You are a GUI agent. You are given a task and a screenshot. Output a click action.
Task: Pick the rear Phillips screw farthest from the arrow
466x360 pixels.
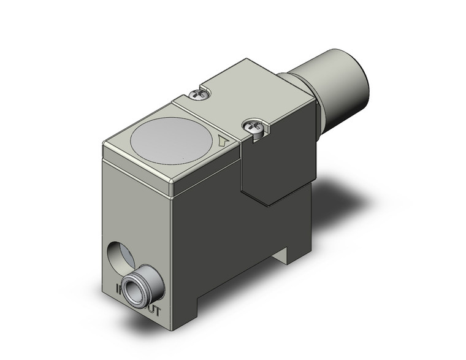click(x=199, y=94)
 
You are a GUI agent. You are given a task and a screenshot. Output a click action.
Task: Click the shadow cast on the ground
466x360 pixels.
click(x=343, y=202)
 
